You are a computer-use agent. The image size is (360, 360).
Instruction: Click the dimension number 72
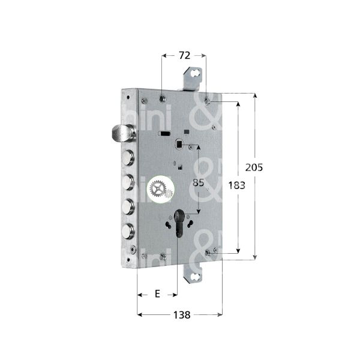point(184,55)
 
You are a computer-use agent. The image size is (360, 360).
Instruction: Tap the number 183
point(237,185)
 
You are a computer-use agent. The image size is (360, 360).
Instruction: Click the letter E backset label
point(157,293)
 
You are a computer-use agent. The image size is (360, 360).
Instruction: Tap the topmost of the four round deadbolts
point(128,158)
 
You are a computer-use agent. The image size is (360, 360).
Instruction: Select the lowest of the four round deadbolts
point(128,230)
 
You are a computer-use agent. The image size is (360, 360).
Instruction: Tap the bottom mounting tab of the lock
point(193,274)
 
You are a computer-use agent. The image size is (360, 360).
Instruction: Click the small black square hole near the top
point(187,131)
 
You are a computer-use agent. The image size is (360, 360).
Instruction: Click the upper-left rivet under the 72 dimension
point(163,97)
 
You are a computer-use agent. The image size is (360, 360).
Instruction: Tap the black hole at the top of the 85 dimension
point(179,145)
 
